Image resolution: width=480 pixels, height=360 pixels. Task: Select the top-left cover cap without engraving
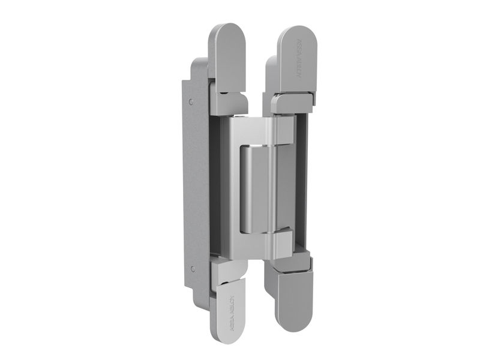coord(227,54)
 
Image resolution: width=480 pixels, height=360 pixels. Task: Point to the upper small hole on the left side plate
coord(191,103)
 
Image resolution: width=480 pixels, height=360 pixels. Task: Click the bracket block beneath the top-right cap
coord(292,103)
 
